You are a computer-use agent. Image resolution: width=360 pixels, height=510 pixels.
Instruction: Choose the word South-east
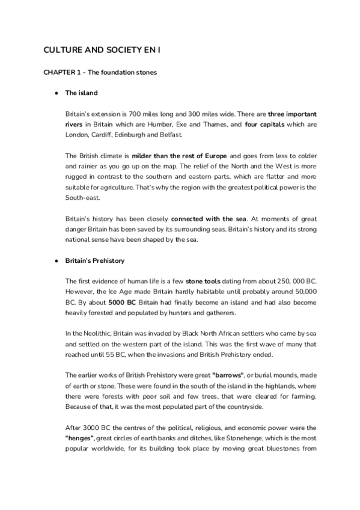pos(82,197)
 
